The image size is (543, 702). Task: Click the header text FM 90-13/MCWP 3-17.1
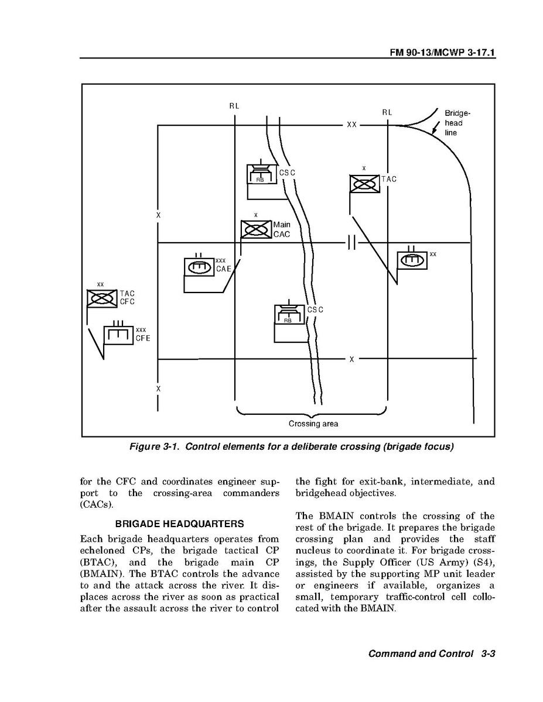pyautogui.click(x=443, y=52)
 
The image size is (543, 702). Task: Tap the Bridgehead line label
pyautogui.click(x=457, y=123)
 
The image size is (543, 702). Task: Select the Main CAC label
pyautogui.click(x=282, y=229)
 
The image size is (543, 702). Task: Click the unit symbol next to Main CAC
pyautogui.click(x=257, y=229)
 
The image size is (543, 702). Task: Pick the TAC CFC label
pyautogui.click(x=127, y=298)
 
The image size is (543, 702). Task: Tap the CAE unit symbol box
pyautogui.click(x=199, y=266)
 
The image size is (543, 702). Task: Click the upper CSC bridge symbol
pyautogui.click(x=261, y=174)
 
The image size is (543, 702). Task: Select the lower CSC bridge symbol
pyautogui.click(x=289, y=315)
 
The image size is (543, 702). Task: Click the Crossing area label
pyautogui.click(x=313, y=424)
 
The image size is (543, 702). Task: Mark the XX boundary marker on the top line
pyautogui.click(x=351, y=125)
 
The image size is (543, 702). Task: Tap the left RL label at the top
pyautogui.click(x=234, y=106)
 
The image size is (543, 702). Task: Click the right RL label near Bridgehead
pyautogui.click(x=387, y=112)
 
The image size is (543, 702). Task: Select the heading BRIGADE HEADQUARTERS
pyautogui.click(x=180, y=523)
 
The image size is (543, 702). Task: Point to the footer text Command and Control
pyautogui.click(x=420, y=654)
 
